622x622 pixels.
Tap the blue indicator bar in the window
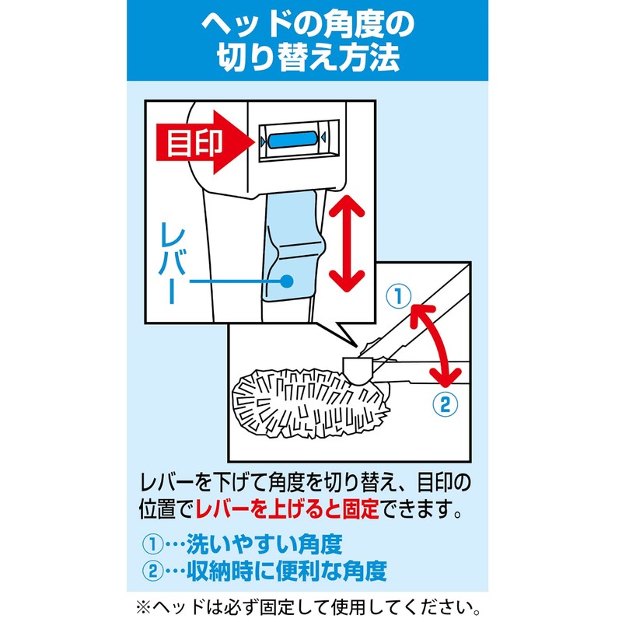point(292,140)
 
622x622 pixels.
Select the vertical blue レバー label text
point(174,260)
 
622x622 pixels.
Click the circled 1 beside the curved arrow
point(397,295)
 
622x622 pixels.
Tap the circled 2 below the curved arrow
point(440,404)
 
